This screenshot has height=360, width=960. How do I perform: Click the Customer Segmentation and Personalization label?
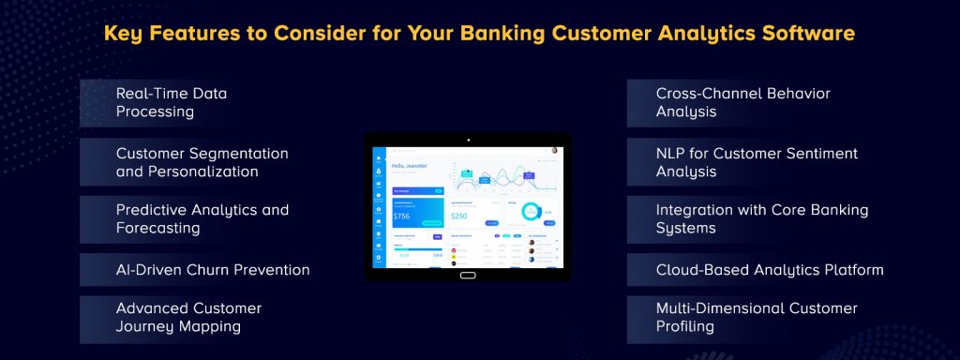[x=202, y=162]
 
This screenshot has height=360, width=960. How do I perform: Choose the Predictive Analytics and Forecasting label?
[x=202, y=218]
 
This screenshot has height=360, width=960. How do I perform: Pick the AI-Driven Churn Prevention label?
[x=212, y=270]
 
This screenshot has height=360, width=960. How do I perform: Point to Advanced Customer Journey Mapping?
[x=188, y=317]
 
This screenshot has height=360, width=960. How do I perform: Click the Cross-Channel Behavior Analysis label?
[x=742, y=102]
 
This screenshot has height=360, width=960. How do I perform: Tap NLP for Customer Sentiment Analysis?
[x=756, y=162]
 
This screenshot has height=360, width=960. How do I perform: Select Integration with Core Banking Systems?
[x=761, y=218]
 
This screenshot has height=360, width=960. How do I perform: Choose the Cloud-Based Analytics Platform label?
[x=769, y=270]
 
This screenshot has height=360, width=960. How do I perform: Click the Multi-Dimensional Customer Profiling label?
[x=756, y=317]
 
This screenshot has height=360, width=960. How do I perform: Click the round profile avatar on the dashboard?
[x=554, y=150]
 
